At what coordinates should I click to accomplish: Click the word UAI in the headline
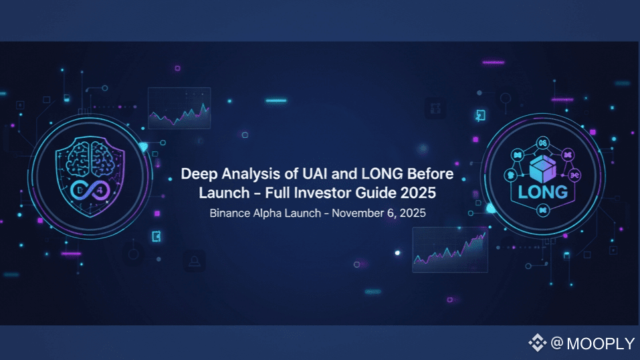[315, 174]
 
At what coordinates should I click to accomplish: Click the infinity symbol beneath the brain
[90, 191]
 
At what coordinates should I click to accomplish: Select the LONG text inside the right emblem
[543, 192]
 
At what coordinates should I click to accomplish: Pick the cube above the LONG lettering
[542, 169]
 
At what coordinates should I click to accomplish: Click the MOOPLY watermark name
[601, 344]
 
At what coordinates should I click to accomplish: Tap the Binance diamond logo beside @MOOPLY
[538, 343]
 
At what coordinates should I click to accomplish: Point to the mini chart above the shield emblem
[179, 108]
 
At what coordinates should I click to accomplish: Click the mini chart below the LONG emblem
[450, 250]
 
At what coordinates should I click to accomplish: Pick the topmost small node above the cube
[542, 143]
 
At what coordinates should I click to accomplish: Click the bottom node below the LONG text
[543, 210]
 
